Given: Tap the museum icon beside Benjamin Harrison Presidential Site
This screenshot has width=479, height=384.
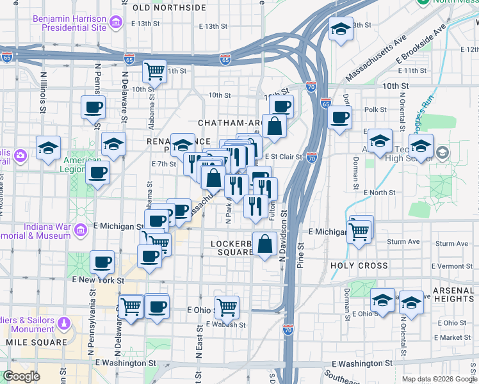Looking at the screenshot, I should (x=116, y=24).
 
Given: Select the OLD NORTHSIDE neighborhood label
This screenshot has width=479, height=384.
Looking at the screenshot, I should (x=169, y=8).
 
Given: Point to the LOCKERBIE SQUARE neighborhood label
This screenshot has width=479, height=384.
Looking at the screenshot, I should (x=232, y=248).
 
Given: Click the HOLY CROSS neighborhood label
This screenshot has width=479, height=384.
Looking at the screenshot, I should (x=359, y=265).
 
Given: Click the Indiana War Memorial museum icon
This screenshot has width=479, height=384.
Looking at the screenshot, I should (x=81, y=230).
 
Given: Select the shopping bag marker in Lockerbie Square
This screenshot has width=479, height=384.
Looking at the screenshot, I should (x=264, y=244).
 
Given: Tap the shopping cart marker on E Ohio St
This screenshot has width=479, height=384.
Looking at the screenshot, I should (x=227, y=307).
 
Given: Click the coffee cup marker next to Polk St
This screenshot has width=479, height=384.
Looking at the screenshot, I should (x=340, y=117).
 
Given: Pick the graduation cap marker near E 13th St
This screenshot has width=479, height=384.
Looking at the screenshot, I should (x=341, y=29).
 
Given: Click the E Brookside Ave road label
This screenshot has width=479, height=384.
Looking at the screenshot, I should (x=420, y=45).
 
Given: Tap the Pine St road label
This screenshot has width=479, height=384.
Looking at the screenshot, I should (x=301, y=253).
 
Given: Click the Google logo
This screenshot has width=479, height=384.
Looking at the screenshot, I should (x=21, y=376).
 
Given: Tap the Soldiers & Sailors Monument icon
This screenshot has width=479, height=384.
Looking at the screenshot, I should (x=63, y=324).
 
